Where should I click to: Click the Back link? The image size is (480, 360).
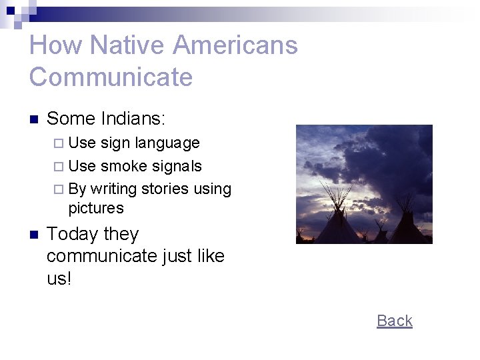coord(395,321)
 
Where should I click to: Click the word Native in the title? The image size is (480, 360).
coord(127,45)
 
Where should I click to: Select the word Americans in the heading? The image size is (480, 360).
coord(235,45)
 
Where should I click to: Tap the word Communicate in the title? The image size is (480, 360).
coord(111,77)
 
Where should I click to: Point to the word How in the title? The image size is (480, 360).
coord(55,45)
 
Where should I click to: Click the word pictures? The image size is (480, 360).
coord(96,208)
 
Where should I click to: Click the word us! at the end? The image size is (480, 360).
coord(59,278)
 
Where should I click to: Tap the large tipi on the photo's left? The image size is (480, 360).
coord(336,223)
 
